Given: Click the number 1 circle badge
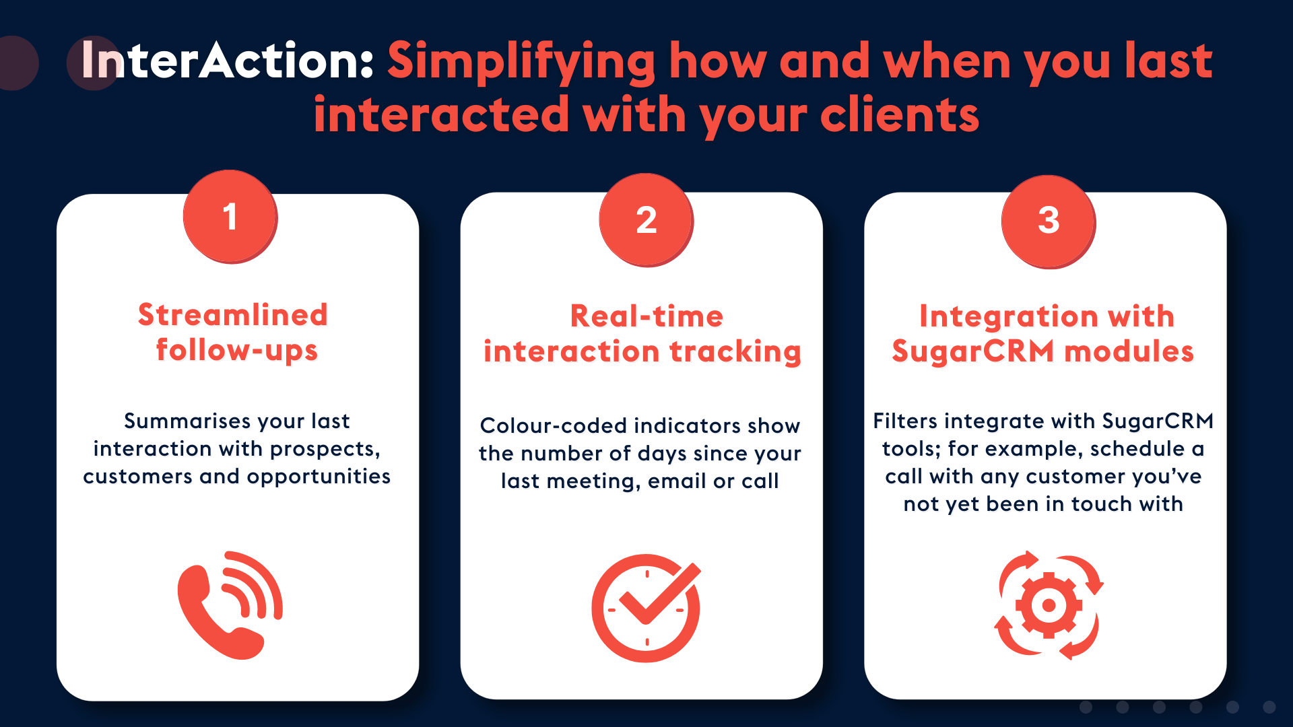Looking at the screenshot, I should [x=230, y=217].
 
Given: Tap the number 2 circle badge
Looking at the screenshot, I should [x=646, y=220].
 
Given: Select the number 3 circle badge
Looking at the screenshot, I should [x=1049, y=221].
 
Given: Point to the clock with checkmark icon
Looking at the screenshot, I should [x=646, y=607].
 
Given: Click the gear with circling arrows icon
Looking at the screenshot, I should [x=1049, y=605].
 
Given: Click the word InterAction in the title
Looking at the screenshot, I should [x=227, y=61].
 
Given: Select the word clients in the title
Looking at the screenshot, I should [x=899, y=115].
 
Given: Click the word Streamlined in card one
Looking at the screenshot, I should [x=233, y=315].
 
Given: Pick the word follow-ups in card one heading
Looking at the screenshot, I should [x=236, y=351].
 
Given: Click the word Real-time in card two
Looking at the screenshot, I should [x=646, y=316].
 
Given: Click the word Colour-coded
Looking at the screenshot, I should [x=553, y=426].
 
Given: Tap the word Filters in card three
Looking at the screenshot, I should [x=905, y=421].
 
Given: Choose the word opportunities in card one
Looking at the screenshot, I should [x=319, y=477].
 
